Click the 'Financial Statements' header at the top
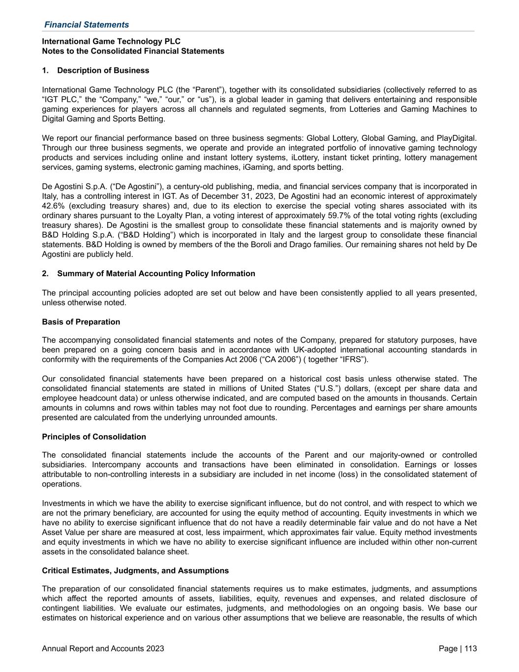click(x=87, y=25)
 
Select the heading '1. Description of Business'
click(x=95, y=70)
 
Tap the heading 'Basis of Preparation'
click(x=81, y=322)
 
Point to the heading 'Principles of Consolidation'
click(x=94, y=437)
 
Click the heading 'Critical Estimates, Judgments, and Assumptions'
click(x=135, y=571)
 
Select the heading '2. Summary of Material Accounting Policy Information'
click(x=149, y=274)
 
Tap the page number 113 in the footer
click(x=470, y=649)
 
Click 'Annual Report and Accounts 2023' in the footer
click(x=103, y=649)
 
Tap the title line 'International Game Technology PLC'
click(x=111, y=41)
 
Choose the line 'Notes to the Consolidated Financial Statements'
click(x=133, y=51)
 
